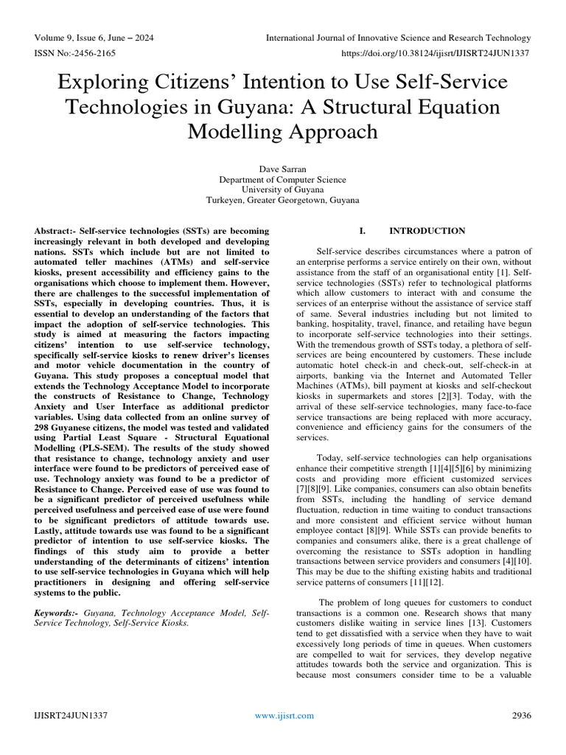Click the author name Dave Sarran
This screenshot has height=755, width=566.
pyautogui.click(x=282, y=168)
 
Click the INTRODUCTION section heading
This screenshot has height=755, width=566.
pyautogui.click(x=427, y=231)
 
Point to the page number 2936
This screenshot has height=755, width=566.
pyautogui.click(x=521, y=715)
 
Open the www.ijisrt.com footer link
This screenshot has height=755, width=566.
pyautogui.click(x=284, y=715)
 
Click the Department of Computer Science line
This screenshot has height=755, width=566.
pyautogui.click(x=282, y=179)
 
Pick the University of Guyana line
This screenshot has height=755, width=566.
pyautogui.click(x=282, y=189)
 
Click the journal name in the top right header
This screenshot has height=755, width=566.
pyautogui.click(x=398, y=38)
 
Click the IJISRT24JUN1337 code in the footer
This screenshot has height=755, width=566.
pyautogui.click(x=70, y=715)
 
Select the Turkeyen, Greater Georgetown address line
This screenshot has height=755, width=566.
pyautogui.click(x=282, y=200)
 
